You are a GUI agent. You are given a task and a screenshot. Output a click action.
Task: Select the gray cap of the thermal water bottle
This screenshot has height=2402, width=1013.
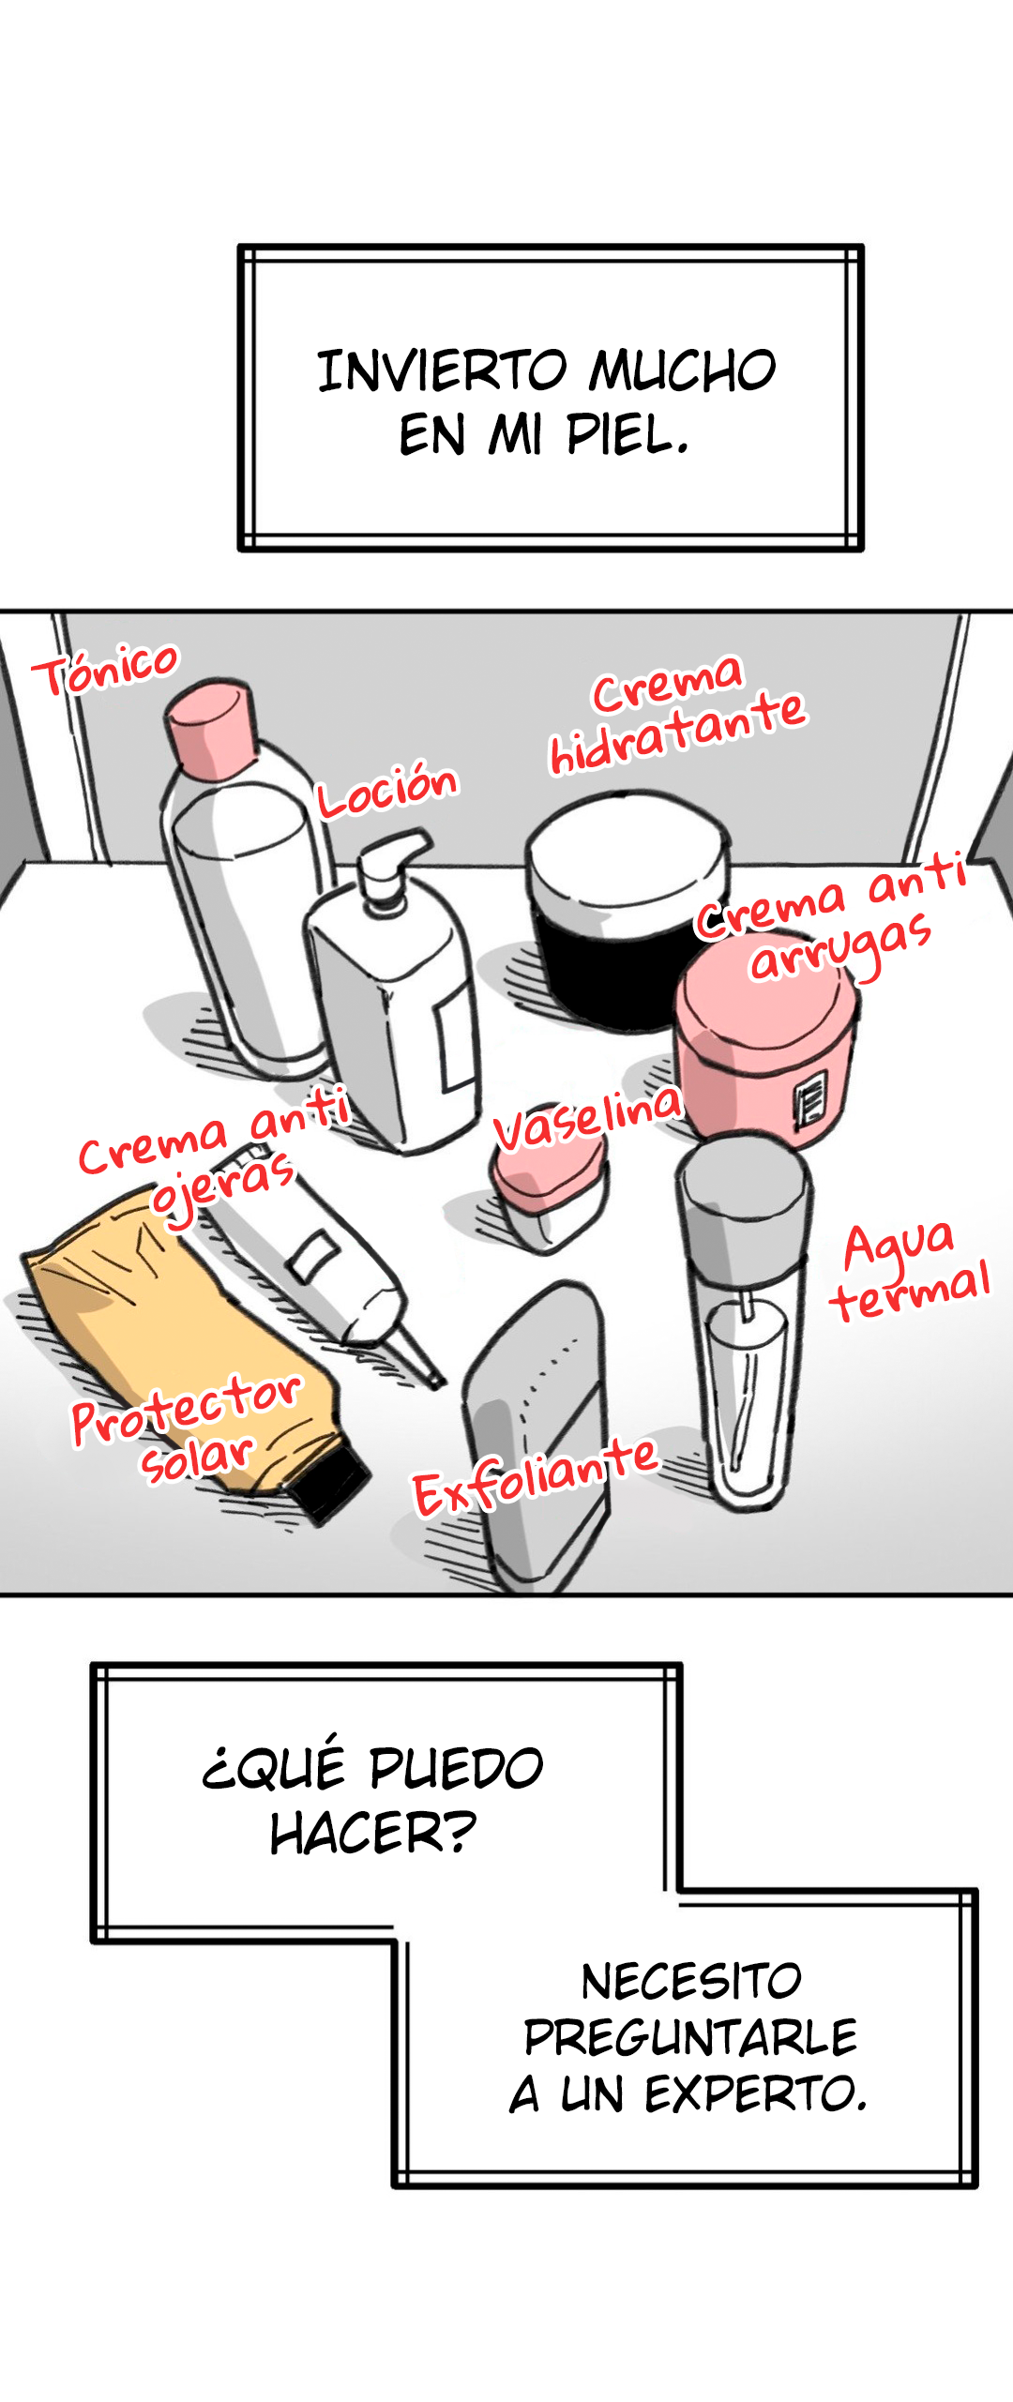744,1197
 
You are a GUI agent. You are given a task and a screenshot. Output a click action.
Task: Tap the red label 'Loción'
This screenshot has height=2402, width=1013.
386,790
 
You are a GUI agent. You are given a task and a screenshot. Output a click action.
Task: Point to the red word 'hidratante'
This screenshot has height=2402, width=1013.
677,733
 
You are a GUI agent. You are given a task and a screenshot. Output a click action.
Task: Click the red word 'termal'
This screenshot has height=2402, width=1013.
910,1291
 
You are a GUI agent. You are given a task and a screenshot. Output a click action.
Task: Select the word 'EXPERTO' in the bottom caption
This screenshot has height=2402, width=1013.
755,2093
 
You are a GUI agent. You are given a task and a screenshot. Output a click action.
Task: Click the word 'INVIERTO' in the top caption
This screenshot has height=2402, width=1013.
442,370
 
